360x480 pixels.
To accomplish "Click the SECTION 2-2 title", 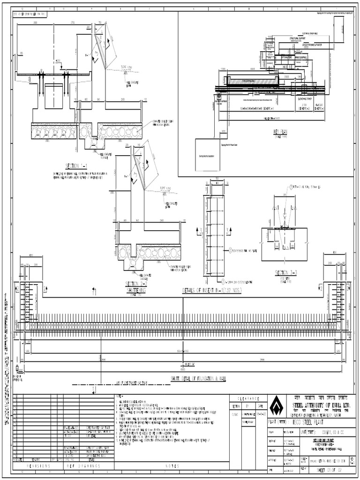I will tap(136, 284).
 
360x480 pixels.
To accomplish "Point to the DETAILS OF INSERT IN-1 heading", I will tap(210, 291).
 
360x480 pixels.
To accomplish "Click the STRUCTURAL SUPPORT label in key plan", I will tap(297, 38).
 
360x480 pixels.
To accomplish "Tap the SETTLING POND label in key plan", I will tap(280, 57).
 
